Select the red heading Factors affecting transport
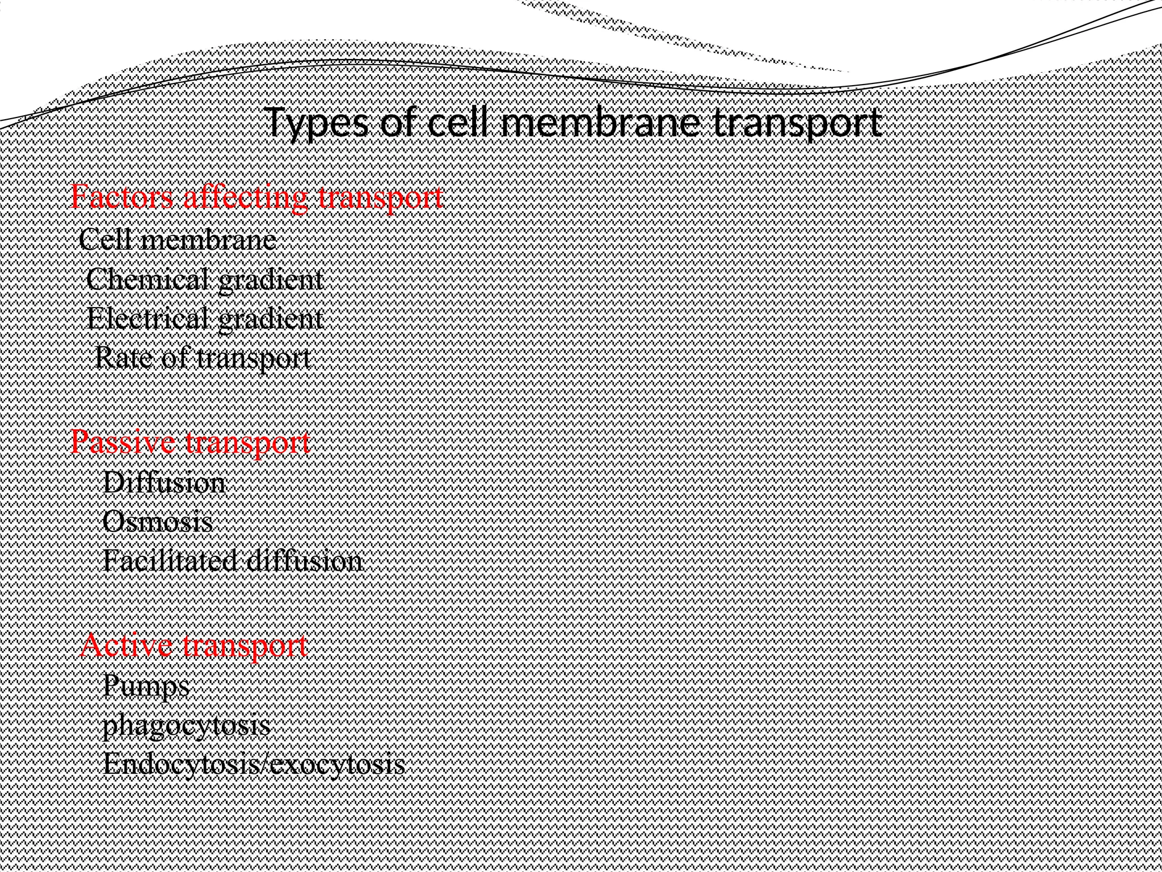(256, 198)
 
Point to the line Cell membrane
(178, 240)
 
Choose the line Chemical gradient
(205, 279)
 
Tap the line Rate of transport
(203, 358)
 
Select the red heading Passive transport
(191, 442)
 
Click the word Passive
(120, 442)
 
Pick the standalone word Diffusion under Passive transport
(164, 483)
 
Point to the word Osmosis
(158, 522)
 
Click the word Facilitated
(168, 561)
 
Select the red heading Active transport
(194, 645)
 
